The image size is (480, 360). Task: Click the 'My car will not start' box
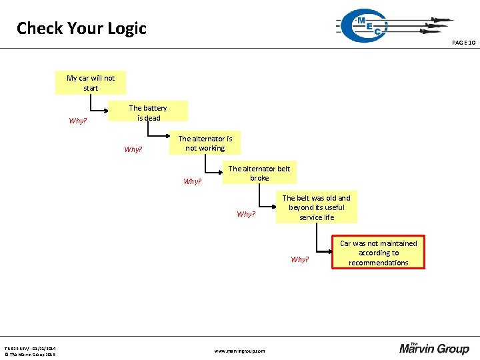(x=91, y=83)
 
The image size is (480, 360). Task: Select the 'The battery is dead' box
(x=149, y=113)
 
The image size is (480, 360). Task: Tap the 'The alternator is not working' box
(x=205, y=143)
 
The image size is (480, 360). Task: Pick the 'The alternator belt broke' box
(x=259, y=173)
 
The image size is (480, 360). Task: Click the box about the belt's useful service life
(x=316, y=207)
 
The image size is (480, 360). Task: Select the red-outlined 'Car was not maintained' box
(x=378, y=253)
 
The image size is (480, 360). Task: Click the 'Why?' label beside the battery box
(x=78, y=121)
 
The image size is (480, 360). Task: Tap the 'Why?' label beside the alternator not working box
(x=133, y=150)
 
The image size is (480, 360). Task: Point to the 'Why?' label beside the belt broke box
(x=192, y=181)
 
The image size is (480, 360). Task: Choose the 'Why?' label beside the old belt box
(x=246, y=215)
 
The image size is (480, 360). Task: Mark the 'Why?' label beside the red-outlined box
(x=300, y=259)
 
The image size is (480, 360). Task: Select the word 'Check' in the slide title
(x=39, y=29)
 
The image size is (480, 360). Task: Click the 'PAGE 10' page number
(x=463, y=43)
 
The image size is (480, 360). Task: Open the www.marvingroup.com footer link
(x=239, y=351)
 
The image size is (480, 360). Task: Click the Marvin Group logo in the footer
(x=434, y=347)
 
